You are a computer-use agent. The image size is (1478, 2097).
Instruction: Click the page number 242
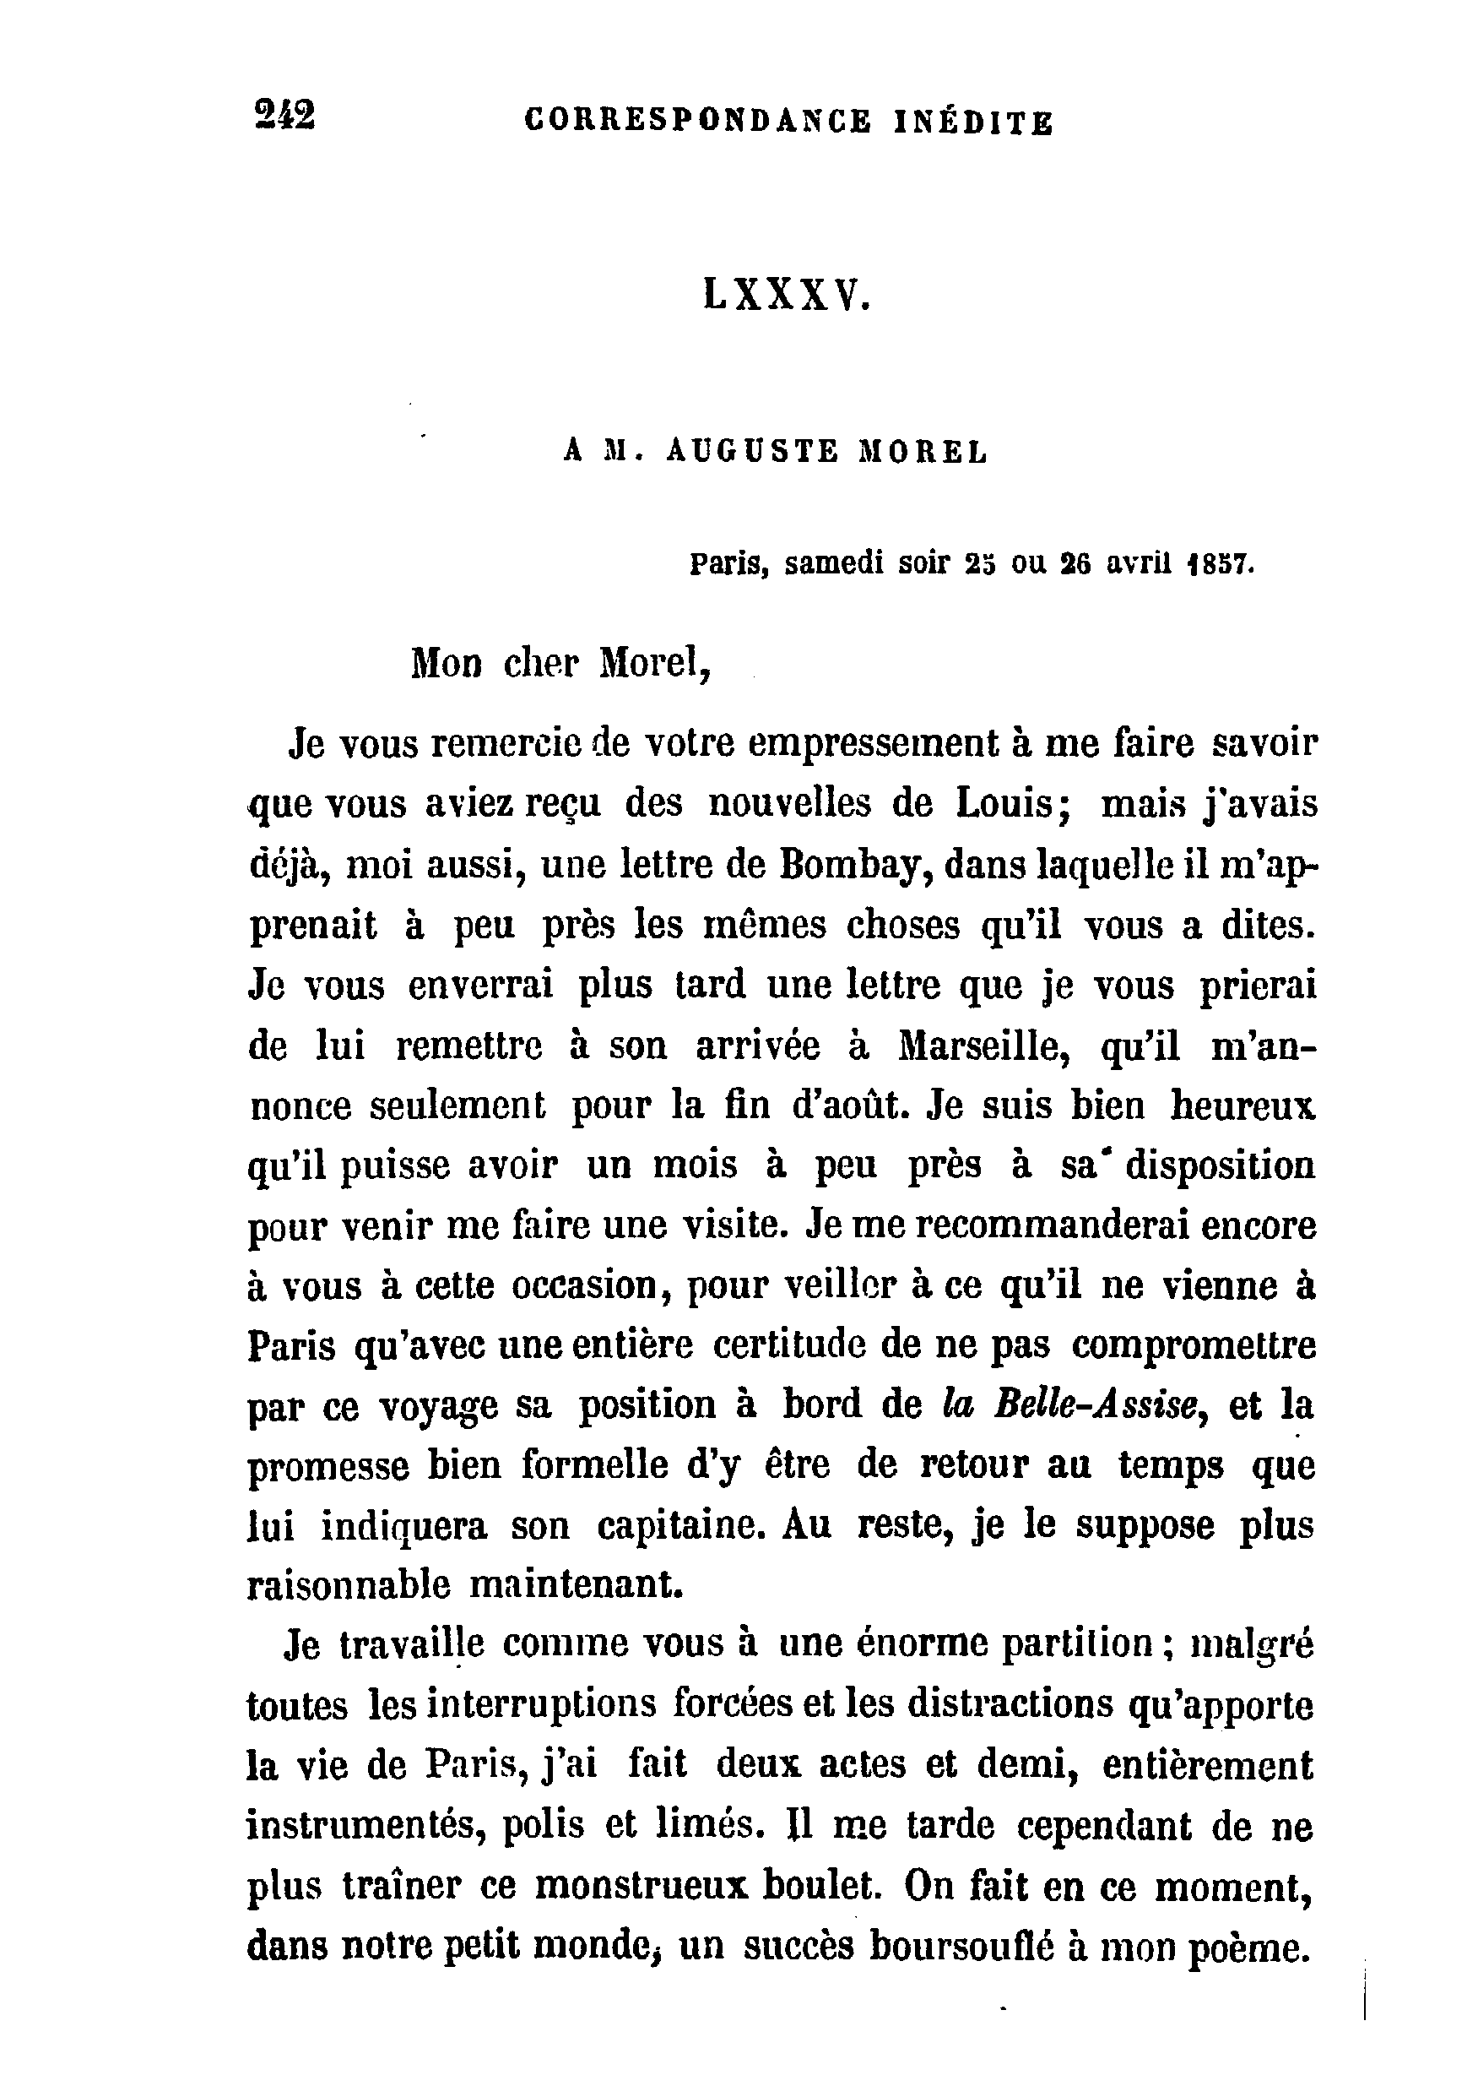286,117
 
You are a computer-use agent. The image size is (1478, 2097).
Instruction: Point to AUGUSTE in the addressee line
752,451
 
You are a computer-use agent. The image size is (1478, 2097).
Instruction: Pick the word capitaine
686,1526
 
